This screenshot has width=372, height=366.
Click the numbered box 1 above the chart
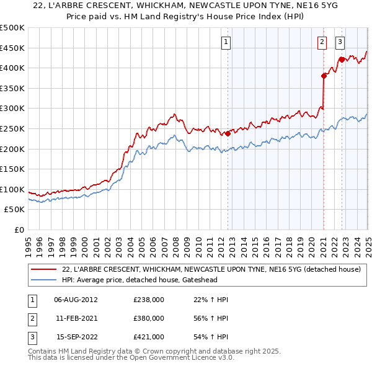point(225,42)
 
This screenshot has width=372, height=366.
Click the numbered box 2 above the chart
point(322,42)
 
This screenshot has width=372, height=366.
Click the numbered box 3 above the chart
point(340,42)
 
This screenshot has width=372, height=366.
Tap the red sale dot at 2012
point(228,133)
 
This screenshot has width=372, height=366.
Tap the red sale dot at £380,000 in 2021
point(324,76)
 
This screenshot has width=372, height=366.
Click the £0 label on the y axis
point(19,230)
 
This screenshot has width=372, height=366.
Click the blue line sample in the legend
point(44,279)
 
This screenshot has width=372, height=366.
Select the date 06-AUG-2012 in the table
point(76,300)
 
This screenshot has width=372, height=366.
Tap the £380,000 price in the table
point(148,318)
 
